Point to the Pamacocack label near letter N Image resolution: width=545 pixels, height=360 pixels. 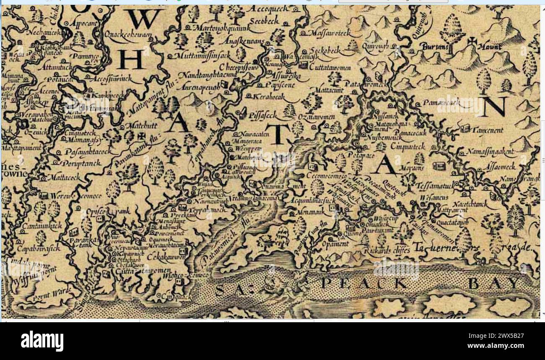(441, 102)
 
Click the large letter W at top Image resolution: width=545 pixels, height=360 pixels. (144, 19)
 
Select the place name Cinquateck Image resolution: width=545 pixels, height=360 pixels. (407, 146)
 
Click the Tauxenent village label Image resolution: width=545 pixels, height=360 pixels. (488, 130)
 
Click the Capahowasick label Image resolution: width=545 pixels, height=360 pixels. (39, 248)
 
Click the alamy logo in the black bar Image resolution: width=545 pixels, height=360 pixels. (42, 341)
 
